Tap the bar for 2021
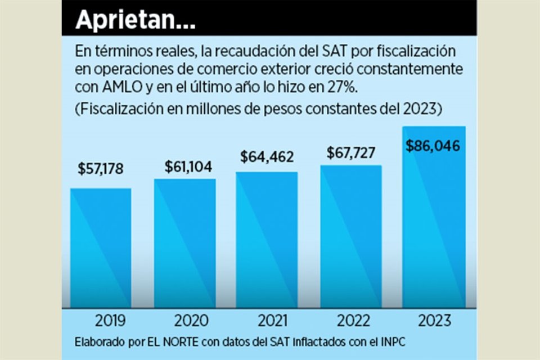coord(267,240)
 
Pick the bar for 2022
coord(351,236)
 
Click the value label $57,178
coord(101,169)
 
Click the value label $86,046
coord(433,146)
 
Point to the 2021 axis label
coord(273,321)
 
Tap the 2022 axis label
coord(354,321)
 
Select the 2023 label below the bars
coord(434,321)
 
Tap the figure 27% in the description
coord(329,88)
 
